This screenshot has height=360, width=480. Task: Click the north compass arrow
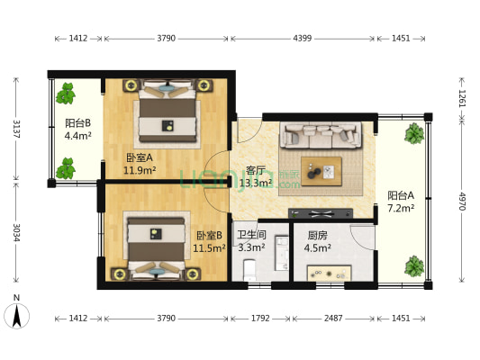point(16,316)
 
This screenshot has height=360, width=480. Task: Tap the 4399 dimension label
point(303,39)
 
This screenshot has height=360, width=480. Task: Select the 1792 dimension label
point(260,319)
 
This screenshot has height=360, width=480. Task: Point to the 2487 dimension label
point(333,319)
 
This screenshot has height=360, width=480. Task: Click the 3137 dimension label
point(16,129)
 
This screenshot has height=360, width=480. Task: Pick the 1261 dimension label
point(462,98)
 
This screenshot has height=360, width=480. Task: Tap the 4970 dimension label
point(462,202)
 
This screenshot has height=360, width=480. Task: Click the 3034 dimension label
point(16,232)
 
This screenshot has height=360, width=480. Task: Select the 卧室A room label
point(140,157)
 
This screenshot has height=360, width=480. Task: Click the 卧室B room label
point(210,235)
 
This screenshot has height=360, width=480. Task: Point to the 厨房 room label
point(318,235)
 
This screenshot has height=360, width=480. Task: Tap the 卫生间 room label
point(251,235)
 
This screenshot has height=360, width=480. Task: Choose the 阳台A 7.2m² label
point(401,202)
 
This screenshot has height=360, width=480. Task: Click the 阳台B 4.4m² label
point(78,129)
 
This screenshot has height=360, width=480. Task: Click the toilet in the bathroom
point(249,270)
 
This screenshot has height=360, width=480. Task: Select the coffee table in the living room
point(322,171)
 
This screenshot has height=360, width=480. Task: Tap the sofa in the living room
point(321,136)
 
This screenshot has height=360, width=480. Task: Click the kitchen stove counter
point(329,273)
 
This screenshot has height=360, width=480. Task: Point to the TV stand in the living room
point(321,213)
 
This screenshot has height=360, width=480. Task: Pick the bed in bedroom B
point(156,247)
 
